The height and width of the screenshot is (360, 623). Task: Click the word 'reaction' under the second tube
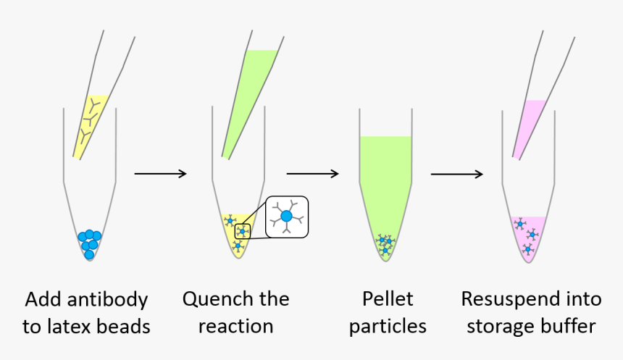point(235,326)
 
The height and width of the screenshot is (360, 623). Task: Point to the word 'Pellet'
point(387,299)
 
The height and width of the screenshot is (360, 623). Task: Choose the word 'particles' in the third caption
point(387,327)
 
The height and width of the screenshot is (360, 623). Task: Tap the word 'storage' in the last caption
point(499,327)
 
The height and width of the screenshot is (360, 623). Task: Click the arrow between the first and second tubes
point(160,174)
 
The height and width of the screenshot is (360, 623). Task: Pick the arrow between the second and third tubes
point(312,174)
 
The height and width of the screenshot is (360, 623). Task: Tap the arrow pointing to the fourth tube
point(456,174)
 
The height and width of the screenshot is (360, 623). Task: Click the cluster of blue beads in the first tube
point(90,243)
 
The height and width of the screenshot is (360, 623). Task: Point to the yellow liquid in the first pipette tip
point(90,123)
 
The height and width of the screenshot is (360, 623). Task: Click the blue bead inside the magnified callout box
point(287,216)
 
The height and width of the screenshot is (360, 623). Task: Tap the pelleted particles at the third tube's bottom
point(385,244)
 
